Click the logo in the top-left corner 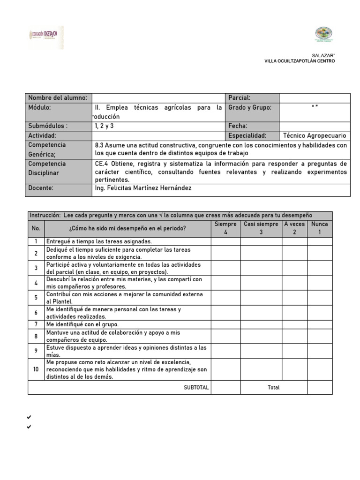46,37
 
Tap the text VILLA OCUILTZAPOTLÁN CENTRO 300,61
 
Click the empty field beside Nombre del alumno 158,98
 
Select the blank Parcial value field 315,98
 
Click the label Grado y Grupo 249,107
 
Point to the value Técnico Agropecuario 315,135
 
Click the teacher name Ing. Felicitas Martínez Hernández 143,188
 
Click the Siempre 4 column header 225,228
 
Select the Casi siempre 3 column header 261,228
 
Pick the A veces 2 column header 294,228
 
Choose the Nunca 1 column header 320,228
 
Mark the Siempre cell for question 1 225,241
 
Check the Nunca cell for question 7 320,324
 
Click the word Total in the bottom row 273,388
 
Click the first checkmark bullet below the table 29,417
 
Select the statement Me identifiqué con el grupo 82,324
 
